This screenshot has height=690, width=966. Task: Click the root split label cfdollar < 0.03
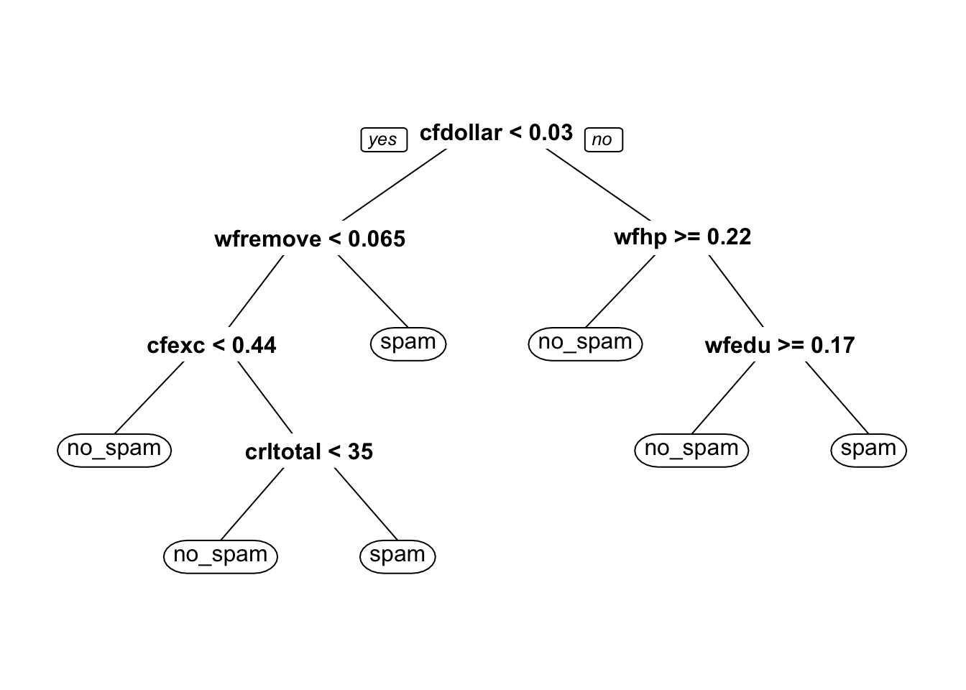click(496, 132)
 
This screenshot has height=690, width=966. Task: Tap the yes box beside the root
click(384, 139)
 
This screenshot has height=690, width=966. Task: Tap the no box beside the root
click(603, 139)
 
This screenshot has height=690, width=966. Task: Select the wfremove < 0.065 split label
click(310, 239)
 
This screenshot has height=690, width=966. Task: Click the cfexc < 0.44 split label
click(211, 346)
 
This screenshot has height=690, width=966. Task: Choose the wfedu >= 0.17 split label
click(780, 346)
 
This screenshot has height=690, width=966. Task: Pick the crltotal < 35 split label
click(309, 452)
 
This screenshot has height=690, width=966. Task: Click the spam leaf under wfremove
click(408, 344)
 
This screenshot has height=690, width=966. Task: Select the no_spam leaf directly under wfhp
click(585, 344)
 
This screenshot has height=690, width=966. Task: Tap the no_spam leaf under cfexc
click(114, 450)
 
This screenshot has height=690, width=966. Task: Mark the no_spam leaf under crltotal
click(221, 557)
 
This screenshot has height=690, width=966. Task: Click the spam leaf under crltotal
click(397, 557)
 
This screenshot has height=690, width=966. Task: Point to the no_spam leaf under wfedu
click(691, 450)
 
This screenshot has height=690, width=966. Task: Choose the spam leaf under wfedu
click(868, 450)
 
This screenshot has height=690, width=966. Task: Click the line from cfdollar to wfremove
click(395, 185)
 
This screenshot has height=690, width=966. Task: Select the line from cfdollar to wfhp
click(598, 185)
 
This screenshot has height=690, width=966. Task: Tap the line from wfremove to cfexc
click(256, 291)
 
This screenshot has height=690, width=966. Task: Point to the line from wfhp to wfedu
click(736, 291)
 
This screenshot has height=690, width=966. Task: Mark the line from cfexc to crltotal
click(264, 397)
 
